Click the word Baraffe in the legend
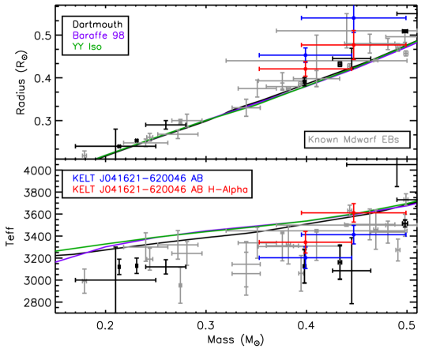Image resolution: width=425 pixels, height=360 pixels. [x=88, y=36]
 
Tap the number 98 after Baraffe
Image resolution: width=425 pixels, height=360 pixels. [x=118, y=36]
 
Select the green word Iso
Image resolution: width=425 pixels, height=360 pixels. [x=95, y=47]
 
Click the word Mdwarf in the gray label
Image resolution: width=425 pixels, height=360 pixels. [x=357, y=140]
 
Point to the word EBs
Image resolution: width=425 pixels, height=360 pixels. [x=389, y=140]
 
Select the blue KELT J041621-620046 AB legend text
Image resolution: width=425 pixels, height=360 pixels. [x=137, y=178]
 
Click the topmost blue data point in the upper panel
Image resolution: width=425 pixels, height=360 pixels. [x=353, y=17]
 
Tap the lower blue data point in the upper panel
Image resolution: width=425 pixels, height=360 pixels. [x=305, y=55]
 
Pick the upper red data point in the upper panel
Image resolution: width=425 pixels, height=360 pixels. [x=353, y=45]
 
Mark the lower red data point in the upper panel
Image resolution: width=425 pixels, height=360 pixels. [x=305, y=69]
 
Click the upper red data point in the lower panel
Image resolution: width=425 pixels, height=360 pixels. [x=353, y=212]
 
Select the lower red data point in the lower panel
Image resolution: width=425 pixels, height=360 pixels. [x=305, y=242]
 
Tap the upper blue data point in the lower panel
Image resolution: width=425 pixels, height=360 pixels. [x=353, y=234]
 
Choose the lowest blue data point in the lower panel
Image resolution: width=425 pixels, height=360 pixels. [x=305, y=257]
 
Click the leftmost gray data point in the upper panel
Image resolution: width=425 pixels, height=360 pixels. [x=85, y=146]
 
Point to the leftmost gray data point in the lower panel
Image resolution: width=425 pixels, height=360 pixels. [x=85, y=279]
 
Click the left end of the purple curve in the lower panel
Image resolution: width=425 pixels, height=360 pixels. [x=57, y=260]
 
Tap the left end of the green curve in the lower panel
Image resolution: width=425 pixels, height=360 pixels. [x=57, y=250]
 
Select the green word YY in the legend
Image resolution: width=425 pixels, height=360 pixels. [x=77, y=47]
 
